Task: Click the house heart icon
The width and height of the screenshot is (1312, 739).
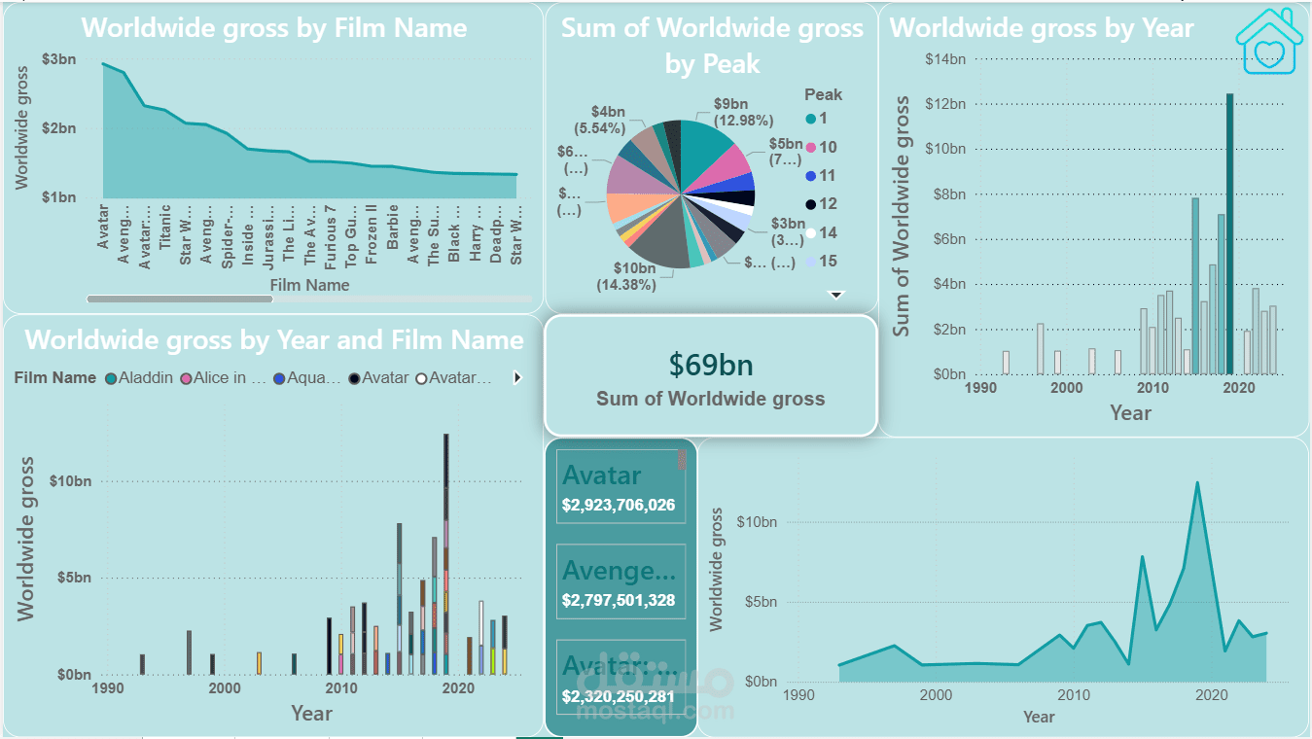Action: [1268, 41]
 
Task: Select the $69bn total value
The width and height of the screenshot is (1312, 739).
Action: [711, 365]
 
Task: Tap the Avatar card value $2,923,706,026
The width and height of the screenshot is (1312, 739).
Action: [619, 506]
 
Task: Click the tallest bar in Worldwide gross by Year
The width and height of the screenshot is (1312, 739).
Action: [1229, 233]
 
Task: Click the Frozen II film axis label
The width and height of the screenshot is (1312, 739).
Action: [372, 233]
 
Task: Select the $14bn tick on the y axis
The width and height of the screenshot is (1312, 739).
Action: [944, 59]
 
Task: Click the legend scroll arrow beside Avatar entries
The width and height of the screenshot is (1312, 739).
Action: [517, 378]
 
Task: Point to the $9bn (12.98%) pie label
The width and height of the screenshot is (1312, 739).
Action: [743, 112]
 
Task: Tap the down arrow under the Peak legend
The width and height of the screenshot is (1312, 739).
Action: [835, 295]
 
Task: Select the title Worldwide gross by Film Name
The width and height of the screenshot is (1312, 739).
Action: [273, 27]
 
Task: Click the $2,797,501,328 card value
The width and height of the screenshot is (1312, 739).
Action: [619, 601]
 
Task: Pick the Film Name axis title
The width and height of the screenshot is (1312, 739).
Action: [309, 285]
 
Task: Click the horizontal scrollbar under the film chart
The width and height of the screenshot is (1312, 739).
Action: [180, 299]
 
